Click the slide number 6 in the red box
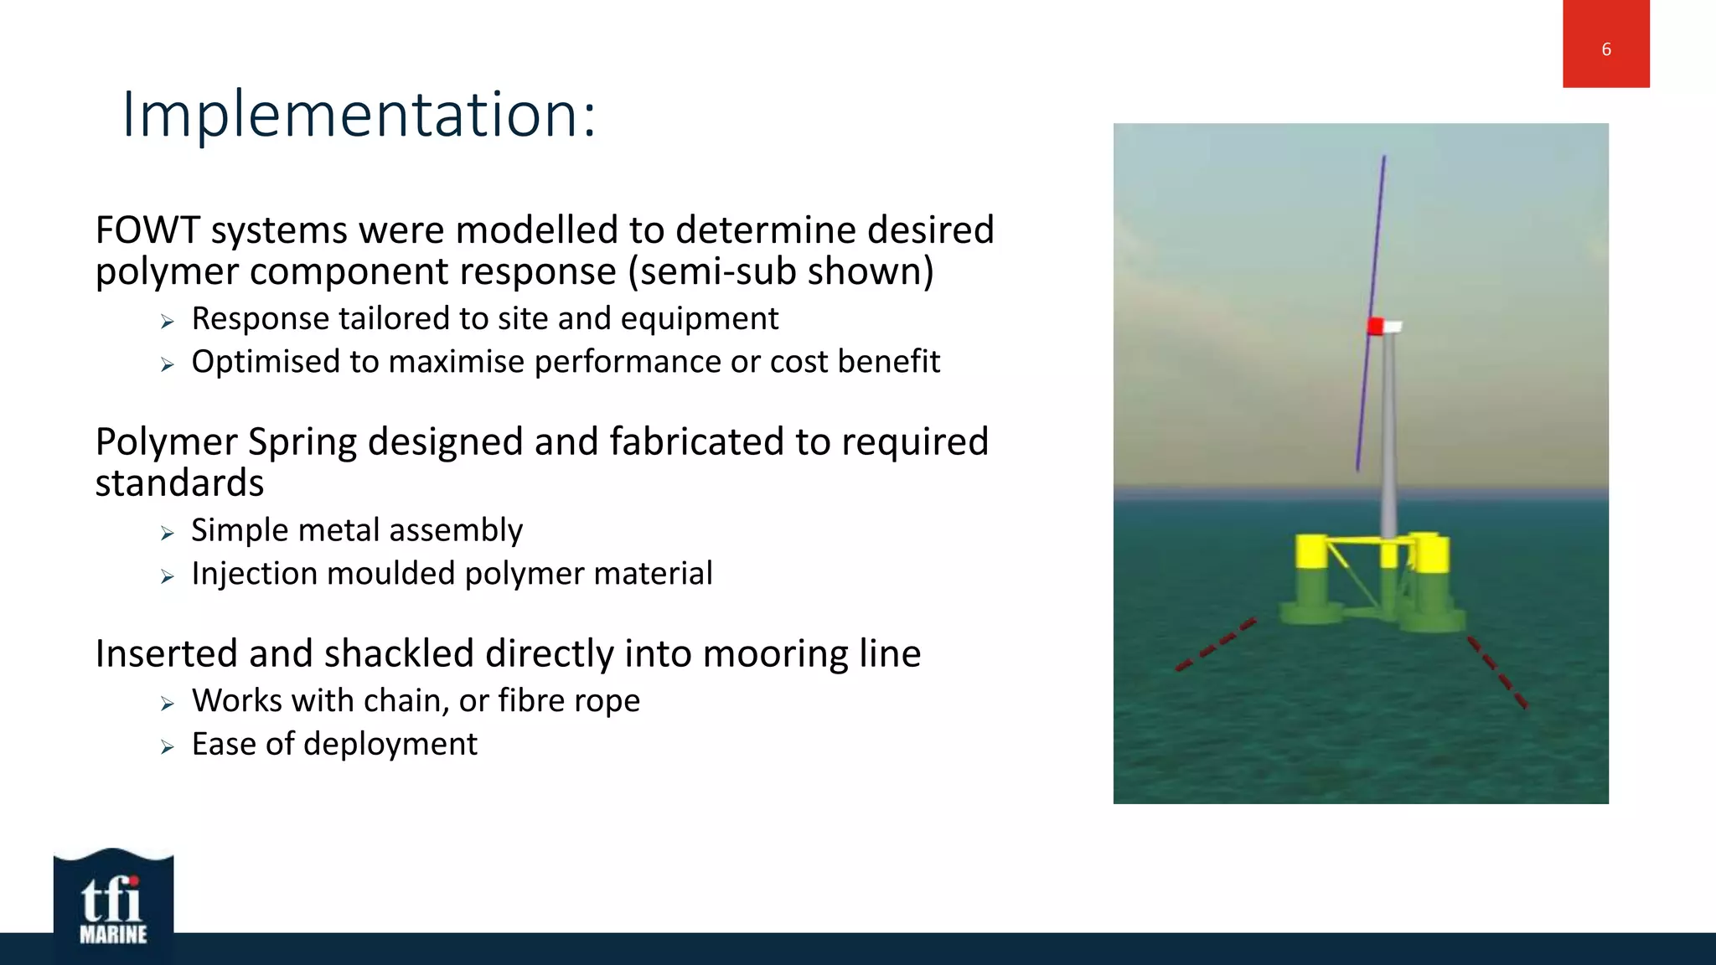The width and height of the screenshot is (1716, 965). click(x=1605, y=49)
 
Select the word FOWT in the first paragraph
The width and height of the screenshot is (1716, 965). click(x=147, y=230)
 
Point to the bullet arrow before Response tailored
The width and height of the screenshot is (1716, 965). click(x=168, y=322)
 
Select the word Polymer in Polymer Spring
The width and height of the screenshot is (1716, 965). click(x=166, y=442)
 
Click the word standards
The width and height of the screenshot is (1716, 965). click(x=179, y=484)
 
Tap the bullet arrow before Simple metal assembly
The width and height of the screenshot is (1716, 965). click(x=168, y=534)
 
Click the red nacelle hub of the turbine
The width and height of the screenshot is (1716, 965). click(x=1375, y=326)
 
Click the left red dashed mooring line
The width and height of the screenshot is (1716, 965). click(x=1215, y=645)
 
